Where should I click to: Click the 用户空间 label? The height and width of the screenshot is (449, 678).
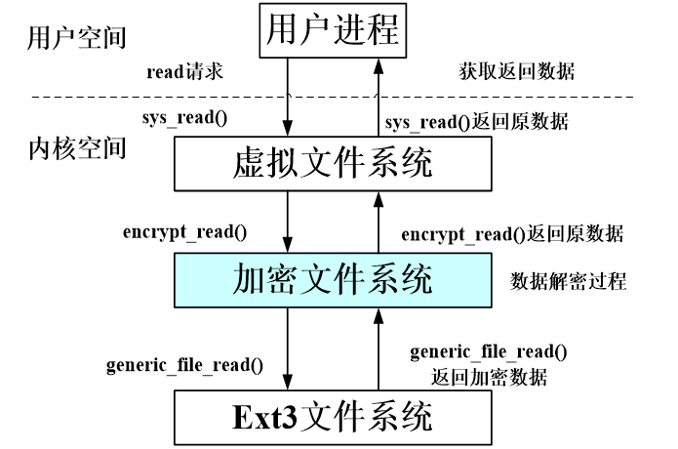pos(65,39)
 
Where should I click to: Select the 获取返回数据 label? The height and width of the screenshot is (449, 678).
pos(517,71)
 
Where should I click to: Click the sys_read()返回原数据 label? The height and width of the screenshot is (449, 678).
pos(476,122)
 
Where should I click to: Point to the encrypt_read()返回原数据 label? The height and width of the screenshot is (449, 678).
pos(513,234)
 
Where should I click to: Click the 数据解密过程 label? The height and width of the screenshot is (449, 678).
pos(568,282)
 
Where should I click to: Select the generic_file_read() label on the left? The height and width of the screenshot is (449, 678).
pos(185,366)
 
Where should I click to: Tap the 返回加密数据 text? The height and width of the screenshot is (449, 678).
pos(488,377)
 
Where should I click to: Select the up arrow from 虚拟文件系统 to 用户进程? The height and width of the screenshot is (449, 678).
pos(376,98)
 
